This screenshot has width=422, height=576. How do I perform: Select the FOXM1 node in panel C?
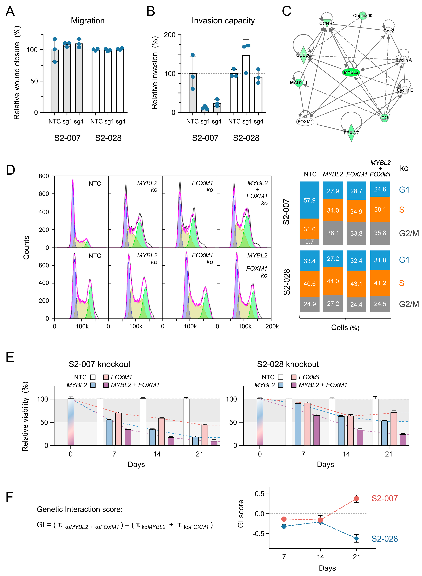[x=305, y=122]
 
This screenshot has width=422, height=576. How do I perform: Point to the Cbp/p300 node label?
[x=362, y=16]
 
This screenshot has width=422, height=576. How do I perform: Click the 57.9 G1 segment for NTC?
[x=309, y=200]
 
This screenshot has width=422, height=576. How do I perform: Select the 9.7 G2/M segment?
[x=309, y=242]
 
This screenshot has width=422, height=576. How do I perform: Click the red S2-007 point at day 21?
[x=356, y=499]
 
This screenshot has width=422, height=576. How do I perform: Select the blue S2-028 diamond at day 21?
[x=356, y=538]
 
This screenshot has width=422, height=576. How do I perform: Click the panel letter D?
[x=10, y=170]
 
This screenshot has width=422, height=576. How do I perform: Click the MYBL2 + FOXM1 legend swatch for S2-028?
[x=294, y=385]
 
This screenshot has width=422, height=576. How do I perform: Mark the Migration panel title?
[x=88, y=21]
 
